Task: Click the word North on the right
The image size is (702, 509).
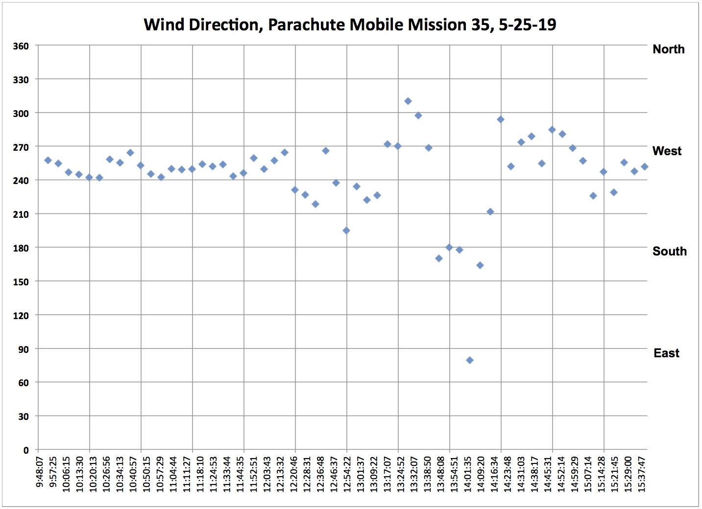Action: pyautogui.click(x=668, y=49)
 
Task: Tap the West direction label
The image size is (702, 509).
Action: pyautogui.click(x=667, y=151)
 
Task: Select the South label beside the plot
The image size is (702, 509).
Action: pyautogui.click(x=669, y=251)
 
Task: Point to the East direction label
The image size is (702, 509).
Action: pyautogui.click(x=666, y=353)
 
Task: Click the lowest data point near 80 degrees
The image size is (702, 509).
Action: pyautogui.click(x=470, y=360)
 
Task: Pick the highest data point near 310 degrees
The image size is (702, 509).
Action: pyautogui.click(x=408, y=101)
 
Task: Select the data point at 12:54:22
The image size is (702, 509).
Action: pyautogui.click(x=346, y=231)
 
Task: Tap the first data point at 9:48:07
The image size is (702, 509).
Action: pyautogui.click(x=48, y=160)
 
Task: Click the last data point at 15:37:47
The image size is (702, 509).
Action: pyautogui.click(x=645, y=166)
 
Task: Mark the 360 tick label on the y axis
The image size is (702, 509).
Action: pyautogui.click(x=21, y=46)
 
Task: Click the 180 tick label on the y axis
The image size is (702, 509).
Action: pyautogui.click(x=21, y=248)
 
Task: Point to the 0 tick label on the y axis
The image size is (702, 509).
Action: pyautogui.click(x=26, y=450)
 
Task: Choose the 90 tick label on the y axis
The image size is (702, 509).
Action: pyautogui.click(x=24, y=349)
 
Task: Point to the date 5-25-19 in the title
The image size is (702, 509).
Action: pyautogui.click(x=528, y=24)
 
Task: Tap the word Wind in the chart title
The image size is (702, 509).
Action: pyautogui.click(x=162, y=24)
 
